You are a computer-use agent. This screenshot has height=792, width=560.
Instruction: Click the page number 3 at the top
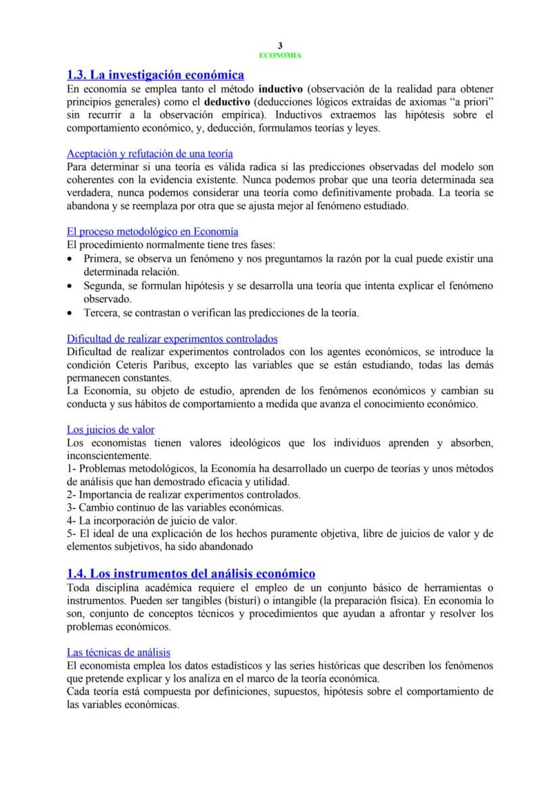click(280, 45)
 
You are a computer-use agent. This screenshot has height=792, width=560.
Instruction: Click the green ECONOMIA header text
click(280, 55)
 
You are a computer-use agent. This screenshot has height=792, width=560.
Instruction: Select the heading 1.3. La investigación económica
click(156, 74)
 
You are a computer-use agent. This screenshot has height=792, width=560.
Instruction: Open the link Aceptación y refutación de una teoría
click(150, 154)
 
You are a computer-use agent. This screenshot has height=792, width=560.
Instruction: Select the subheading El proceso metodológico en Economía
click(152, 231)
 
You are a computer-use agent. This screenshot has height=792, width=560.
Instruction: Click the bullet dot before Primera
click(72, 259)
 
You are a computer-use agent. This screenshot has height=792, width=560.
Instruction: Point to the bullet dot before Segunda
click(72, 286)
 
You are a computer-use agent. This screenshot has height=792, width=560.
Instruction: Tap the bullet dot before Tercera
click(72, 313)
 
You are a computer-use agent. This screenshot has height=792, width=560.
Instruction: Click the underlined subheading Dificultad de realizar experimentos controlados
click(172, 338)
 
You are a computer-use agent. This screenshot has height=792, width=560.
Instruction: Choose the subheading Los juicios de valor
click(111, 429)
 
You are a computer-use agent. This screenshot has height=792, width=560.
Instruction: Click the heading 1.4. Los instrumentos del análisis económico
click(191, 574)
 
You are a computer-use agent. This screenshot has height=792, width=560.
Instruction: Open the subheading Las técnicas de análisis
click(118, 652)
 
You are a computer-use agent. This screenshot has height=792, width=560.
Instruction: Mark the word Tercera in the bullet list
click(101, 313)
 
